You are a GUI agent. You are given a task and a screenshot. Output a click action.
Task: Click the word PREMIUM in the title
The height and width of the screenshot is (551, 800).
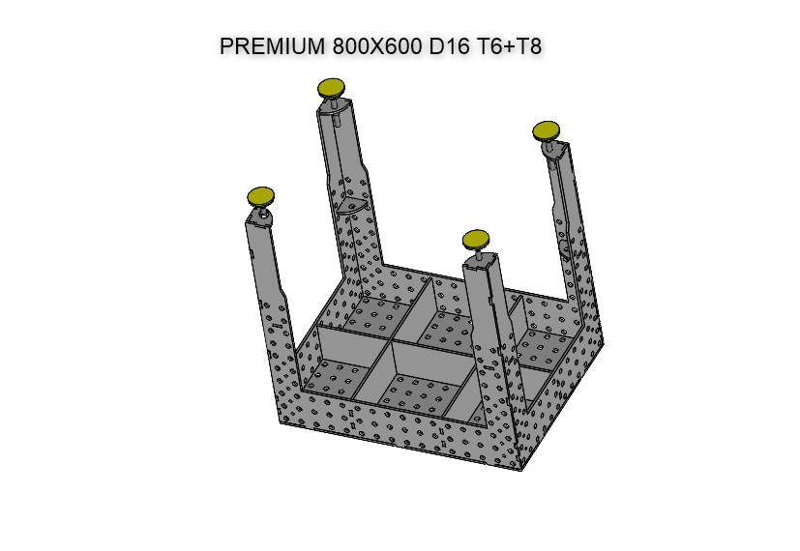pos(273,46)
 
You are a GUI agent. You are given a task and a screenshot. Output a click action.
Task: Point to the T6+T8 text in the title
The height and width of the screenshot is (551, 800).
pos(510,46)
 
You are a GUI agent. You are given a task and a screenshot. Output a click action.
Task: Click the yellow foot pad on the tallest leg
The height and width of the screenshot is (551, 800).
pos(332,88)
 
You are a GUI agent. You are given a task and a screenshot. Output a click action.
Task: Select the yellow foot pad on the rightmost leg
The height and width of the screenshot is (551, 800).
pos(547,130)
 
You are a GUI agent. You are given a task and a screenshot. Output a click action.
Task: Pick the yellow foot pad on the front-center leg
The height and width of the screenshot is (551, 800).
pos(476,239)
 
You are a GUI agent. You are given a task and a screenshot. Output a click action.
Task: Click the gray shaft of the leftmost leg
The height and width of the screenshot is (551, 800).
pos(267,280)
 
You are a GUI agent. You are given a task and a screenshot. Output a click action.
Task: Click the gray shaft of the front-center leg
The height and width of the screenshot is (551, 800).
pos(489,319)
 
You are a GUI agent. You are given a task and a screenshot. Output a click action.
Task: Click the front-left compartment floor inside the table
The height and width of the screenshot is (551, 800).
pos(334,376)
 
